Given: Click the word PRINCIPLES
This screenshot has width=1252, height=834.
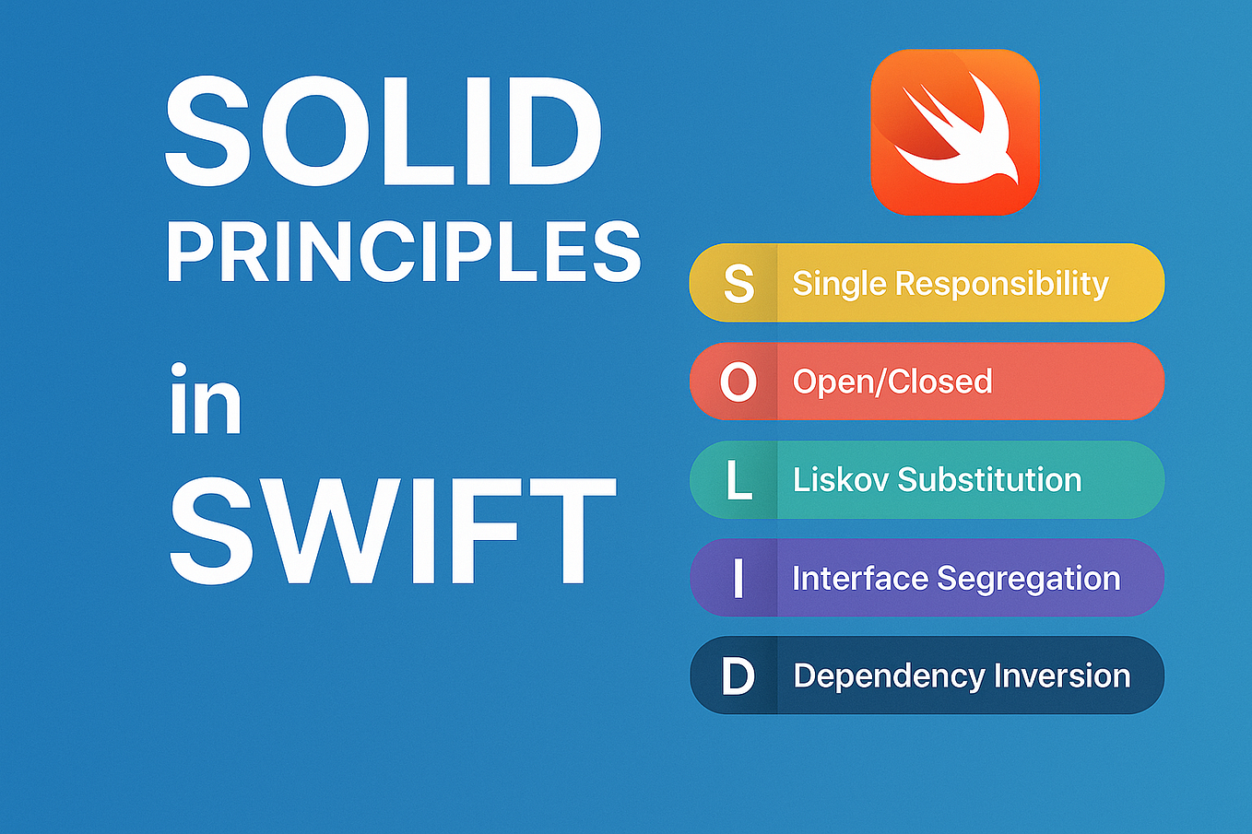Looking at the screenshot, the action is click(x=404, y=252).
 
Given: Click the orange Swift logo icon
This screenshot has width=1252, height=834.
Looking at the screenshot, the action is click(x=954, y=132).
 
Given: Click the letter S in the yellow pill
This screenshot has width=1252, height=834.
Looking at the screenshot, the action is click(x=738, y=284).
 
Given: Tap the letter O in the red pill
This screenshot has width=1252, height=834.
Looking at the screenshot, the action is click(x=738, y=382).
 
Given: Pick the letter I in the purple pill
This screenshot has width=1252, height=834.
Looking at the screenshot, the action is click(x=738, y=579).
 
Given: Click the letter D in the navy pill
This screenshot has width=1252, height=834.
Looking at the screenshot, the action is click(x=738, y=676).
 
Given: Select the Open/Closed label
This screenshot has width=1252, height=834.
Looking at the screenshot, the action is click(x=892, y=382).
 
